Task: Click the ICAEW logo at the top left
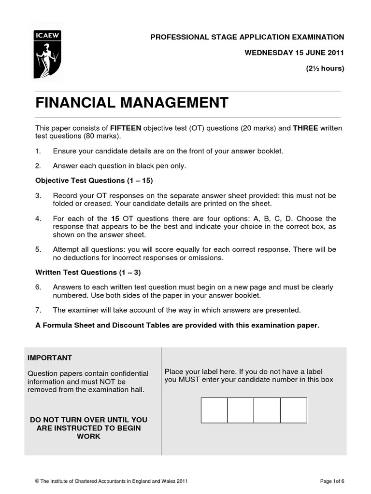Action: (x=47, y=50)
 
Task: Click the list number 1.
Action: (x=38, y=151)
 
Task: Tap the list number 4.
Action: (x=38, y=219)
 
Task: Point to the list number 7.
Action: (x=38, y=310)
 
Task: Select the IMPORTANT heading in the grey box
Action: (x=49, y=358)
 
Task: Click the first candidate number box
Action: (x=214, y=410)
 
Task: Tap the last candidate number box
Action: (x=293, y=410)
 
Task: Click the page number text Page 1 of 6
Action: (x=332, y=481)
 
